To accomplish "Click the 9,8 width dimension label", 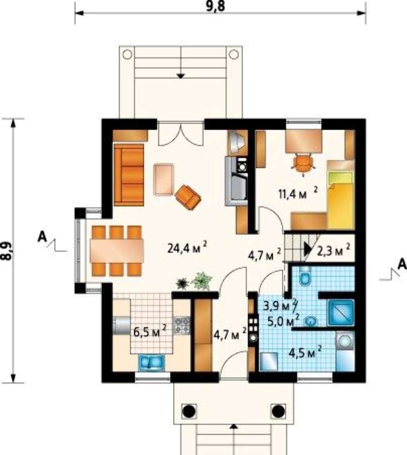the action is coord(215,6).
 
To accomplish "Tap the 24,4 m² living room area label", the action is coord(188,248).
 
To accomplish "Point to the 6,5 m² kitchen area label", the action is coord(150,331).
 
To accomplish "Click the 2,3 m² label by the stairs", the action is coord(333,250).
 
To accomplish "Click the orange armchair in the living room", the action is coord(188,197).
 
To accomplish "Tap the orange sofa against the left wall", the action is coord(129,175).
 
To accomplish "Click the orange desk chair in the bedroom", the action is coord(303,165).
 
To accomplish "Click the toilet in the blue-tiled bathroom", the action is coord(305,276).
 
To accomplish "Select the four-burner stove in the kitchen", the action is coord(182,325).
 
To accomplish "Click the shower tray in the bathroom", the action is coord(341,312).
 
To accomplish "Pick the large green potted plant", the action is coord(201,280).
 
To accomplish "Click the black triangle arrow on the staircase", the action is coord(308,249).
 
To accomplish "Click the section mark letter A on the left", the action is coord(42,237).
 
